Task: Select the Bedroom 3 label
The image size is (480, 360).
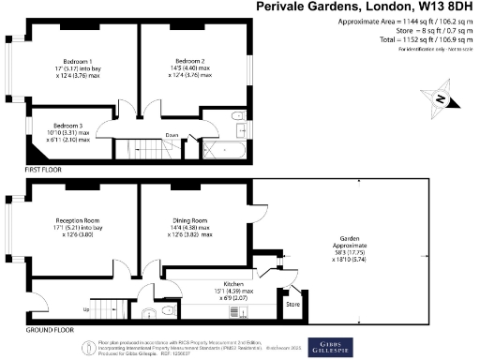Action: click(x=67, y=126)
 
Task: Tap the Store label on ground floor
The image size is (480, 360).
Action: click(x=292, y=304)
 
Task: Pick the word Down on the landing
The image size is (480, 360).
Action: click(x=172, y=135)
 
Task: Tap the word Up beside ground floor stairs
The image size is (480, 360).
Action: click(x=87, y=308)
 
